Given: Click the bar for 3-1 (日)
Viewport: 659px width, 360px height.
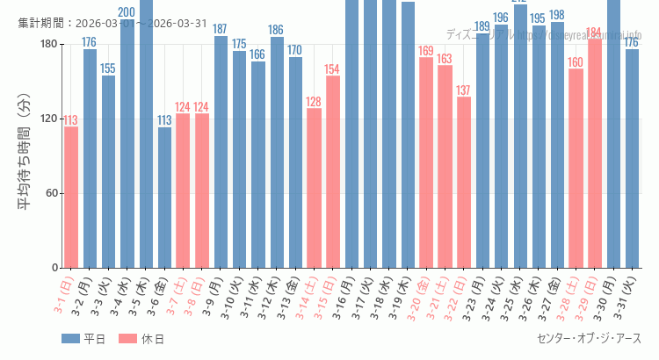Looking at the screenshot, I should (71, 198).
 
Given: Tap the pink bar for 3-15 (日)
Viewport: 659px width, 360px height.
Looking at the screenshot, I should (332, 172).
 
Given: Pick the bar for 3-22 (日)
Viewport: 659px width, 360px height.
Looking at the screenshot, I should (463, 183).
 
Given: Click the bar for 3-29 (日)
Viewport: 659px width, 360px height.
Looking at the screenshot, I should (594, 154).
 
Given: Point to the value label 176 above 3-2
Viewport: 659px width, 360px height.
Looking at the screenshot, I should (90, 42).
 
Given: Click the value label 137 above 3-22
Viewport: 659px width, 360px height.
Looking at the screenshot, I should (463, 90).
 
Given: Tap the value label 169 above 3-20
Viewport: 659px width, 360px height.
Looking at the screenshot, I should (426, 51).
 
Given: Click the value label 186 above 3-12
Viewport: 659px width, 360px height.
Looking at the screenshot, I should (277, 30).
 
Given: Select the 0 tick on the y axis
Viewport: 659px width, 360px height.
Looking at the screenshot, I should (54, 268).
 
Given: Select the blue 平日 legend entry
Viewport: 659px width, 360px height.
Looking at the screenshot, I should (83, 339).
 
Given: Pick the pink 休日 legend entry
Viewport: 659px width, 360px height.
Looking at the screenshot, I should (141, 339).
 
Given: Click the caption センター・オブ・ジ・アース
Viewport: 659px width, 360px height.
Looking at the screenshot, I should (589, 339).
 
